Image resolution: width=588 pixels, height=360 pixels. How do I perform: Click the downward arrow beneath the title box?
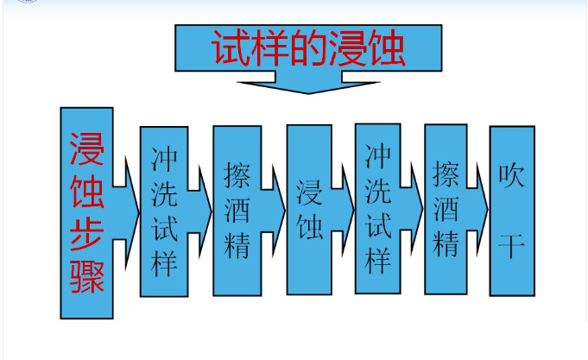307,83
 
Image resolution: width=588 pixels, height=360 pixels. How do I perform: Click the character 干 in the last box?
511,245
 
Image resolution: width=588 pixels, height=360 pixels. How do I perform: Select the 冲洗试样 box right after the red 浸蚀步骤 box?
164,212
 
